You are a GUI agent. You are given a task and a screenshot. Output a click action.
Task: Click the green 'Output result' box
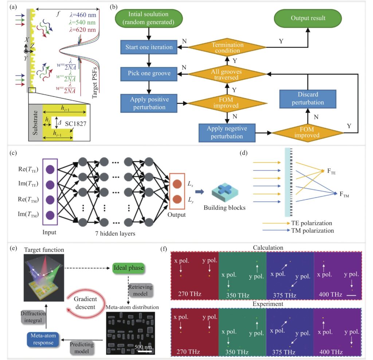[x=308, y=18]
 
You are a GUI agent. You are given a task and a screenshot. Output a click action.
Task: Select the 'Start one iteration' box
[x=149, y=47]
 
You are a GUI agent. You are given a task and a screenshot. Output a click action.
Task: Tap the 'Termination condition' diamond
[x=227, y=47]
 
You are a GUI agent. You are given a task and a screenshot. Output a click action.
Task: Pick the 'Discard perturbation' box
[x=308, y=98]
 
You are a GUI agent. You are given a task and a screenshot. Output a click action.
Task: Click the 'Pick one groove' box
[x=149, y=74]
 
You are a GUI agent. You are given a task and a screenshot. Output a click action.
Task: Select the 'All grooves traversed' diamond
[x=227, y=74]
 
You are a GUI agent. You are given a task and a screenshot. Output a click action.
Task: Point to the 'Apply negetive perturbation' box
[x=227, y=133]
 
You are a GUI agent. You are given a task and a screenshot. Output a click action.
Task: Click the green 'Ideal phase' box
[x=129, y=268]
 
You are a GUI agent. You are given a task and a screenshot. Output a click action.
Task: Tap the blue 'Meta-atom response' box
[x=43, y=339]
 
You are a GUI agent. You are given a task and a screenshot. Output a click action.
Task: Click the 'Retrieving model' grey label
[x=140, y=290]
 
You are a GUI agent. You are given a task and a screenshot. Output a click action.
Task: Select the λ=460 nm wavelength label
[x=83, y=15]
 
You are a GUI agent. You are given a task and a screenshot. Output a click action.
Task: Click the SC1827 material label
[x=76, y=124]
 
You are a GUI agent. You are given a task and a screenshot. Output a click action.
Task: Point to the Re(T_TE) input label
[x=28, y=169]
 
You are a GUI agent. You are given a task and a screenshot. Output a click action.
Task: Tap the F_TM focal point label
[x=344, y=195]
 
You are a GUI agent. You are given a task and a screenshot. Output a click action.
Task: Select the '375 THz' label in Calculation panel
[x=284, y=295]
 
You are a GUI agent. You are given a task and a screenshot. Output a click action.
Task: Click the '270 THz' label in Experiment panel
[x=188, y=352]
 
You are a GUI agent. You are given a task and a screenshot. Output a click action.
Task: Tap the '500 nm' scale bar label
[x=143, y=347]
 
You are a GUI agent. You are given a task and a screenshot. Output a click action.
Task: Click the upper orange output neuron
[x=177, y=184]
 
